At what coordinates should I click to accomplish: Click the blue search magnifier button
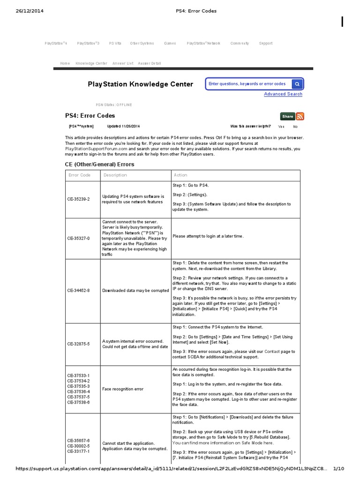[x=297, y=84]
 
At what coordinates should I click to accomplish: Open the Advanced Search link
[x=283, y=94]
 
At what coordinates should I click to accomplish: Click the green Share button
[x=287, y=116]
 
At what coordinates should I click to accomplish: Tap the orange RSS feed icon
[x=300, y=116]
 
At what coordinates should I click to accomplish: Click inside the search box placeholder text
[x=247, y=84]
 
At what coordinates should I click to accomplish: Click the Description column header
[x=115, y=175]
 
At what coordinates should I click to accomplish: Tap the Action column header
[x=180, y=175]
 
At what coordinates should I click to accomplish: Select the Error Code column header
[x=80, y=175]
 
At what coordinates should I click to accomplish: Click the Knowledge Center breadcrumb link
[x=91, y=63]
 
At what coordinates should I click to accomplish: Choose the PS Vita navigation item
[x=115, y=44]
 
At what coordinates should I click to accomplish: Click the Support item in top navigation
[x=265, y=44]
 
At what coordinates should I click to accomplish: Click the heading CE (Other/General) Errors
[x=99, y=165]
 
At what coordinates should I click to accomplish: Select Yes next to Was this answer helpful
[x=281, y=127]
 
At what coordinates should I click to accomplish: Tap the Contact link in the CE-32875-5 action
[x=273, y=351]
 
